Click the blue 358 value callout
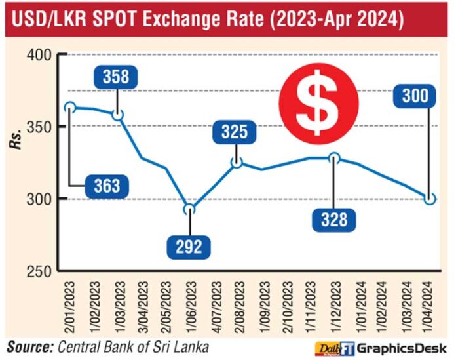tap(116, 77)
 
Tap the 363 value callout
tap(107, 187)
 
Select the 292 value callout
tap(190, 247)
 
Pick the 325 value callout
tap(236, 133)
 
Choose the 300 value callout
tap(415, 97)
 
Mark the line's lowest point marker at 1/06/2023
tap(189, 210)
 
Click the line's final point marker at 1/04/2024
tap(430, 199)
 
